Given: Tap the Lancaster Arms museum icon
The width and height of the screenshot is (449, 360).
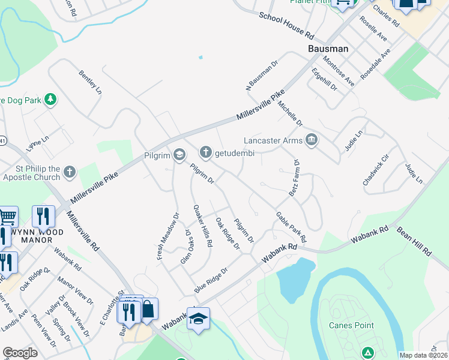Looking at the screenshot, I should [x=312, y=141].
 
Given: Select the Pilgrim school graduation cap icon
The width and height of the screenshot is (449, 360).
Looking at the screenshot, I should [x=179, y=156].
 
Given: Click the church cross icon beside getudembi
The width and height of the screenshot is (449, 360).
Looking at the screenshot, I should [x=205, y=153].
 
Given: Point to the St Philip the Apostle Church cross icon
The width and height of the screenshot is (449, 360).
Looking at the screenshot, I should [x=70, y=173].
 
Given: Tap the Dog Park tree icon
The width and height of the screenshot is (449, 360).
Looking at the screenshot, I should [x=52, y=100].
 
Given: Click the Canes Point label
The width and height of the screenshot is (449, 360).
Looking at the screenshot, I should [x=351, y=325].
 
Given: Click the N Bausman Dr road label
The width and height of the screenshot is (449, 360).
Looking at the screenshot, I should [x=262, y=74].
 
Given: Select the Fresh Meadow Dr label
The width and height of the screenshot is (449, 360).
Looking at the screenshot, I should [x=168, y=236].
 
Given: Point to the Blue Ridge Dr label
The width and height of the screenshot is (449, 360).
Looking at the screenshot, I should [x=211, y=281].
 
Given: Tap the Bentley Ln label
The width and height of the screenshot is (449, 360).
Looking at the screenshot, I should [x=91, y=82].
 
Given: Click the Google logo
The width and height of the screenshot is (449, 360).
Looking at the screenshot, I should [x=20, y=353].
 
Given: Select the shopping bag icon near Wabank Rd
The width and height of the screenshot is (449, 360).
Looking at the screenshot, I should [x=148, y=310].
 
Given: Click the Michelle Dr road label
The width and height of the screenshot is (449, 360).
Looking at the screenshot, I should [x=291, y=113].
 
